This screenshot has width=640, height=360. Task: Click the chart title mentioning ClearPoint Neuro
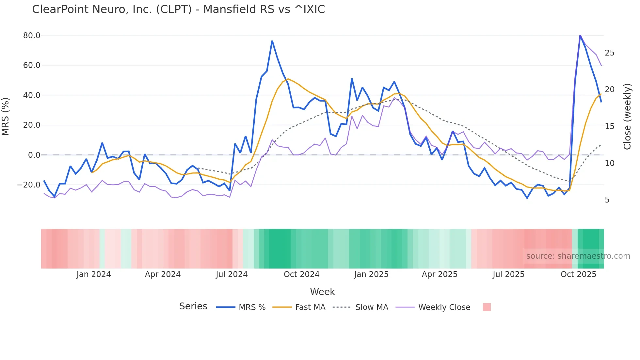click(x=178, y=9)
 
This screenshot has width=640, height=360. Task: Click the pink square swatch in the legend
click(x=487, y=307)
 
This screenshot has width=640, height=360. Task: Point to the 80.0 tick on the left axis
click(x=32, y=36)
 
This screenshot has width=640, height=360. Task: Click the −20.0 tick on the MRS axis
click(x=29, y=185)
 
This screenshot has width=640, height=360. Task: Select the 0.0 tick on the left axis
click(x=34, y=155)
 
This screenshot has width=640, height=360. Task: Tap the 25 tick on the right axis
click(x=609, y=53)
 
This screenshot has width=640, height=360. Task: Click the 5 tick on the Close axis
click(x=607, y=200)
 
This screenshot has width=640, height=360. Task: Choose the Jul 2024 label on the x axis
click(x=232, y=274)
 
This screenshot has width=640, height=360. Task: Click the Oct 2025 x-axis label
click(x=578, y=274)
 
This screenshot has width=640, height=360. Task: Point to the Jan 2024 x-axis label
click(x=94, y=274)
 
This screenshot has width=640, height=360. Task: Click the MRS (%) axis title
click(x=6, y=117)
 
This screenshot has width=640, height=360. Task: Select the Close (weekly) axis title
click(x=627, y=117)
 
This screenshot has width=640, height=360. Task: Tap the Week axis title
click(x=322, y=292)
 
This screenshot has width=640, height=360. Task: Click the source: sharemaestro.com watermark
click(x=578, y=256)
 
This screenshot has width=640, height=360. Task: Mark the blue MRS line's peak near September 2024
click(x=272, y=41)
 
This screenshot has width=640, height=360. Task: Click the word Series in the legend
click(x=193, y=306)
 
